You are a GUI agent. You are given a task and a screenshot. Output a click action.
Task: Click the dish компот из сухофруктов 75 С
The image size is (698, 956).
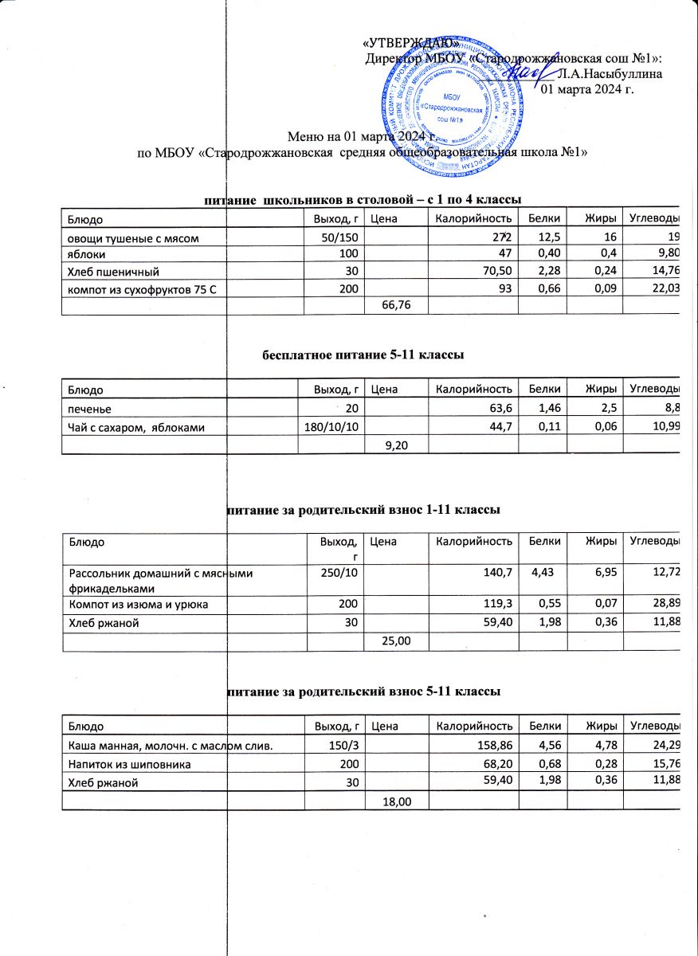point(143,287)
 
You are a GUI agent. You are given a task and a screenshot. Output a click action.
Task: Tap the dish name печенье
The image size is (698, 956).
point(89,409)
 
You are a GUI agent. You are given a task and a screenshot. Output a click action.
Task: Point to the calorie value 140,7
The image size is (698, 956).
point(495,571)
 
